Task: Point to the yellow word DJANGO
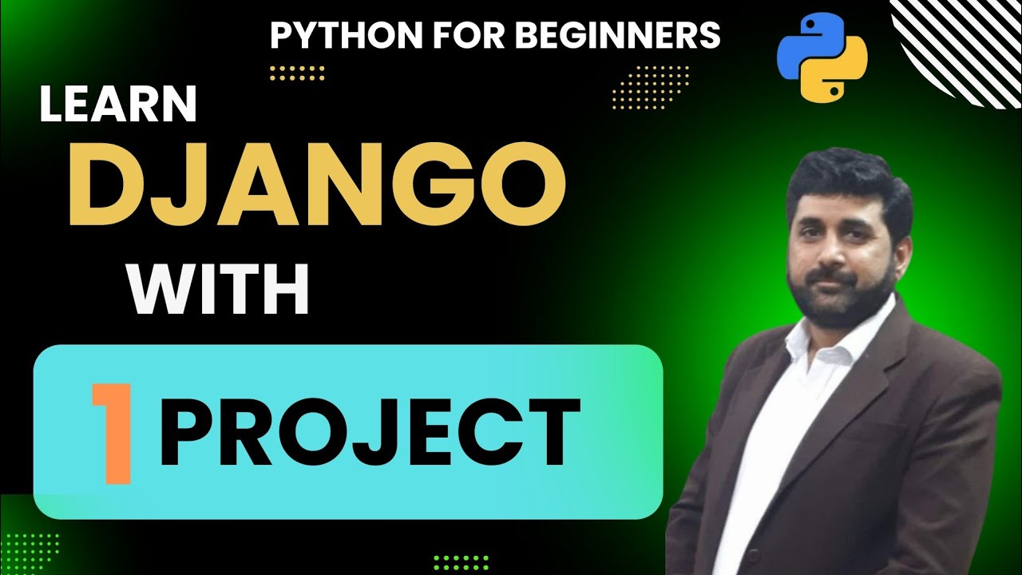(x=317, y=184)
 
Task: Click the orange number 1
(x=112, y=434)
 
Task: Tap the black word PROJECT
(x=369, y=434)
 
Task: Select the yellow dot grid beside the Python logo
(x=650, y=86)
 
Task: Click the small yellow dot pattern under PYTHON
(x=297, y=73)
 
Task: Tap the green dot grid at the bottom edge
(x=461, y=562)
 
